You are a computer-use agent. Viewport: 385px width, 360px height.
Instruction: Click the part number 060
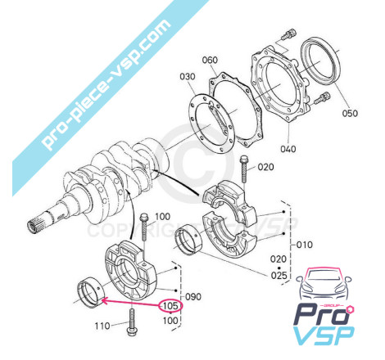click(210, 60)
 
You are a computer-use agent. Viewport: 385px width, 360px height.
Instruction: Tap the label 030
click(188, 77)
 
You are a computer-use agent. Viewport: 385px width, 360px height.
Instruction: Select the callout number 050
click(350, 113)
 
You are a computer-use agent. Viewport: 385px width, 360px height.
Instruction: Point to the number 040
click(288, 149)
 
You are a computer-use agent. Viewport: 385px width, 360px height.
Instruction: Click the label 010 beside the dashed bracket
click(304, 245)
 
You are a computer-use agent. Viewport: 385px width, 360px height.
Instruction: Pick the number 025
click(279, 275)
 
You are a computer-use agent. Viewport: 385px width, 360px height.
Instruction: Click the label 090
click(193, 296)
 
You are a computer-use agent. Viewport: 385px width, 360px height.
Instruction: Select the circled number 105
click(170, 306)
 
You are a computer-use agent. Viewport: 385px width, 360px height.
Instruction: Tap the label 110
click(102, 326)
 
